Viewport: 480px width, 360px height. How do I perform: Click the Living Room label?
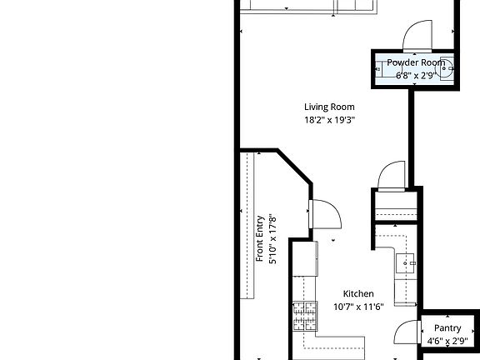pos(329,107)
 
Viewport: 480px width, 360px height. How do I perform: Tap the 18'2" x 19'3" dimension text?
pos(329,120)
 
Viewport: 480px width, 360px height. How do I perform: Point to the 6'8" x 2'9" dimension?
pos(416,75)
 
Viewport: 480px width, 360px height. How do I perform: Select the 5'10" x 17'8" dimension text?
pos(272,240)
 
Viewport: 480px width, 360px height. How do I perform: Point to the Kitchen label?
pos(358,293)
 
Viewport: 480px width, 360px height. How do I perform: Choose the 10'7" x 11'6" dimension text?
pos(358,307)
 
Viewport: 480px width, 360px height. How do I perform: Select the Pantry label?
pos(447,328)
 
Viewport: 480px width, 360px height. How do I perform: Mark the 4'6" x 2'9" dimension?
pos(447,341)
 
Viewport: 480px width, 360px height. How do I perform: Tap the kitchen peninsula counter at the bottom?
pos(337,342)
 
